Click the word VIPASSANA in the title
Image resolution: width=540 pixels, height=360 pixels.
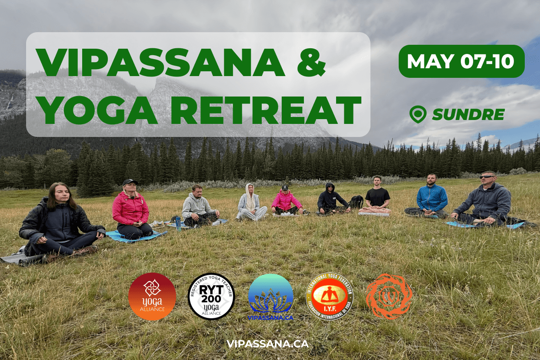pyautogui.click(x=161, y=63)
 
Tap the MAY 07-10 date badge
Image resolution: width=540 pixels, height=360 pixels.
pyautogui.click(x=461, y=61)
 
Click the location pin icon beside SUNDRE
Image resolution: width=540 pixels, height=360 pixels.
pyautogui.click(x=417, y=114)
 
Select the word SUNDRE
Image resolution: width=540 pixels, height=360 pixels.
pyautogui.click(x=468, y=115)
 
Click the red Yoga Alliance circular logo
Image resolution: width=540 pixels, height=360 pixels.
pyautogui.click(x=152, y=297)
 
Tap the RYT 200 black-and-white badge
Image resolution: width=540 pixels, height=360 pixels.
pyautogui.click(x=211, y=297)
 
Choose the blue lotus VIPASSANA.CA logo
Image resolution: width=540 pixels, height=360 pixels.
pyautogui.click(x=270, y=297)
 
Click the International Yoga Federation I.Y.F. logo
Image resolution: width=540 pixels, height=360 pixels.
pyautogui.click(x=329, y=297)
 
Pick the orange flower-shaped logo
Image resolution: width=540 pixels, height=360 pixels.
pyautogui.click(x=389, y=297)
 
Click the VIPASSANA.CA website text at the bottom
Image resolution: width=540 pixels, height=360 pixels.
pyautogui.click(x=267, y=343)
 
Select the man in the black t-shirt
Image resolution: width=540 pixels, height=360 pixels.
pyautogui.click(x=377, y=196)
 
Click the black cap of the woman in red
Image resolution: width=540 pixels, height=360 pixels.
pyautogui.click(x=130, y=182)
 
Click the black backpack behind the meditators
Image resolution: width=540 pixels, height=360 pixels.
pyautogui.click(x=357, y=202)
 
